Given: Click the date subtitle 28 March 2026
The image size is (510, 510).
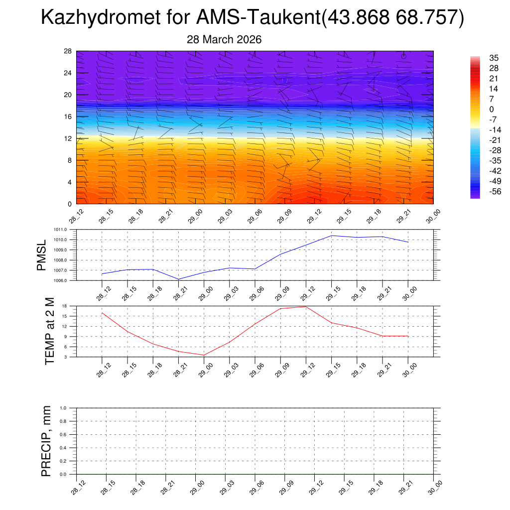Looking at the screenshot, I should (x=224, y=39).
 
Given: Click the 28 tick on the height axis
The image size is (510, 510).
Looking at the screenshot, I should (x=68, y=51).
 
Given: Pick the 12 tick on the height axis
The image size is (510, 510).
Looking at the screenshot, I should (x=68, y=138).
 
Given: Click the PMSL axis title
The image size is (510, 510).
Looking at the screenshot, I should (x=42, y=255).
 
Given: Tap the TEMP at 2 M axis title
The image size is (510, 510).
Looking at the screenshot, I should (x=49, y=331).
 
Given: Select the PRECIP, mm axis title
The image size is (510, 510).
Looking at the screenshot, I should (x=46, y=441).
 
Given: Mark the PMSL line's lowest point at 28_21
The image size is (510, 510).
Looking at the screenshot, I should (x=178, y=279).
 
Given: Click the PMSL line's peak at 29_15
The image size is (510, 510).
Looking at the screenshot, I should (x=332, y=236).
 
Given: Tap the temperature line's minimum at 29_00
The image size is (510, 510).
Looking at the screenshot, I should (x=204, y=355).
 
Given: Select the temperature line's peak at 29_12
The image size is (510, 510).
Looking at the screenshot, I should (x=306, y=306).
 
